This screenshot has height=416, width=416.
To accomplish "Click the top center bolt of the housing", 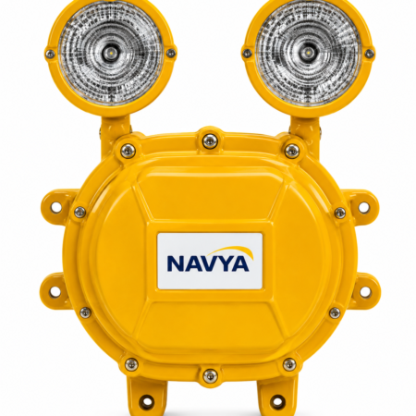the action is point(210,141).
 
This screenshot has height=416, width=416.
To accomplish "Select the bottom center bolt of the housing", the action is point(210,375).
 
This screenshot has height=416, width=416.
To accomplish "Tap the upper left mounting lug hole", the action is point(55,207).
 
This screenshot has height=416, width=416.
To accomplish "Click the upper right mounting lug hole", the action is point(363,207).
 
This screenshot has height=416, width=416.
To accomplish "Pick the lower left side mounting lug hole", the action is point(55,292).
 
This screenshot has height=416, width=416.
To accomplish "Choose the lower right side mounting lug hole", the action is point(365,292).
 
